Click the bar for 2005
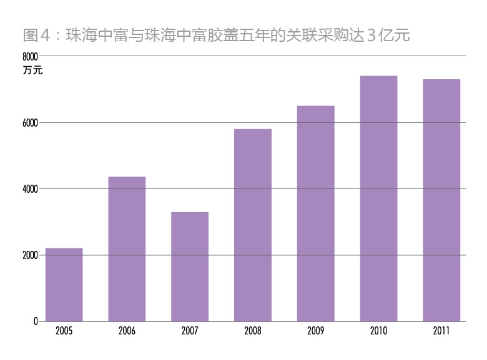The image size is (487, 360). coord(64,285)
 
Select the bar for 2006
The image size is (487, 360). coord(127,249)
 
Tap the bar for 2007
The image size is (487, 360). coord(190,266)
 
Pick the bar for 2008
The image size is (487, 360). coord(253,225)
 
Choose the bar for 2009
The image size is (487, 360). coord(315,213)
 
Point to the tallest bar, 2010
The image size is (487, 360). coord(378,198)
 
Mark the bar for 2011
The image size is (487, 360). coord(441,200)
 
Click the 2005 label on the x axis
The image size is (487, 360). coord(64,331)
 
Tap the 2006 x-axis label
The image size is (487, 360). coord(127,331)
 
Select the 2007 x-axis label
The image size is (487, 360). coord(190,331)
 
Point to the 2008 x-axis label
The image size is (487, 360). coord(253,331)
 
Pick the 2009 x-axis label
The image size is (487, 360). coord(315,331)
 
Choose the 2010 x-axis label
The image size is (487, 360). coord(378,331)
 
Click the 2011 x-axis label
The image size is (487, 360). coord(441,331)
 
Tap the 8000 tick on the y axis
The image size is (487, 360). coord(31,56)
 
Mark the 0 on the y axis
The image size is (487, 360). coord(36,321)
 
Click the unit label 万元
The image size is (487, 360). coord(32,70)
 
